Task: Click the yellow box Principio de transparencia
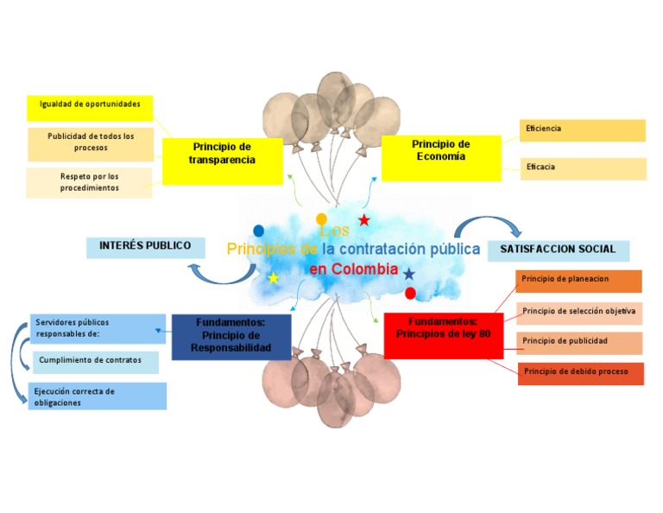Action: point(222,161)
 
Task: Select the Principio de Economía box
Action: point(440,157)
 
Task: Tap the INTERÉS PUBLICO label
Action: point(145,247)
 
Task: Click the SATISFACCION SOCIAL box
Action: point(558,250)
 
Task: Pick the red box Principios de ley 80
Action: point(443,335)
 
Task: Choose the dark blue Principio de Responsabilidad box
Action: point(230,336)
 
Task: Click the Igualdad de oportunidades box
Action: point(90,107)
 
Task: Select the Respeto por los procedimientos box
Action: point(89,183)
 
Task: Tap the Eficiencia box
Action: point(582,130)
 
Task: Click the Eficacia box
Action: point(582,168)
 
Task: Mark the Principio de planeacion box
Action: point(578,281)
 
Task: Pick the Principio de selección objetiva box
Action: point(578,313)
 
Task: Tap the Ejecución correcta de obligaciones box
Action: point(97,396)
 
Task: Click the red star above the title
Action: point(363,220)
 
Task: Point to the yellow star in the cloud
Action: point(273,278)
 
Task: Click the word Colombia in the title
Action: point(365,269)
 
